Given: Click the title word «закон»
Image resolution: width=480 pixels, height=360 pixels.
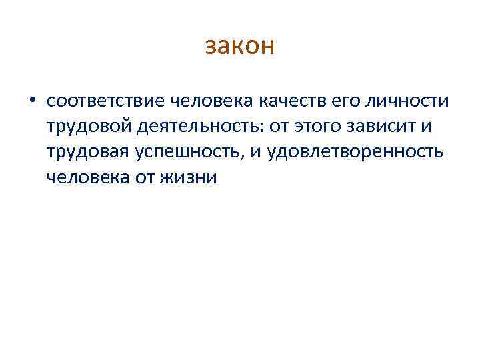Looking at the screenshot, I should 240,47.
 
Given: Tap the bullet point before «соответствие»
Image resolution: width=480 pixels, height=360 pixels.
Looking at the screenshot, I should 31,101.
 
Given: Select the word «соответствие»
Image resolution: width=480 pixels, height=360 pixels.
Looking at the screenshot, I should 106,101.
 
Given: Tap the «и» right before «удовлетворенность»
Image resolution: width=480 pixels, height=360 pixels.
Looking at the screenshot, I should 256,152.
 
